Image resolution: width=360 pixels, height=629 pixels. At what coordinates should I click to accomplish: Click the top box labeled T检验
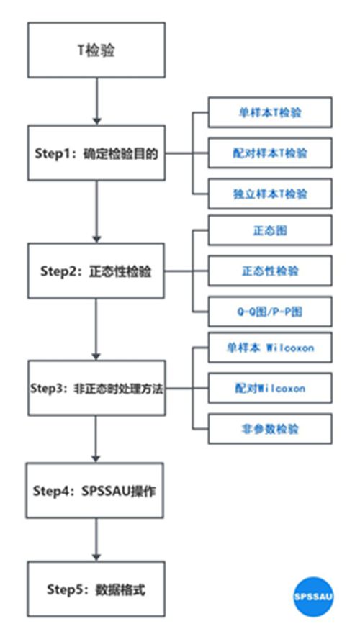[96, 50]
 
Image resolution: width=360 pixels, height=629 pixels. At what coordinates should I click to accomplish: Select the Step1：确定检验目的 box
[96, 153]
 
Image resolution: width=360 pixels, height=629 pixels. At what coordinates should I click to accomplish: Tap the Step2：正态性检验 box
[96, 271]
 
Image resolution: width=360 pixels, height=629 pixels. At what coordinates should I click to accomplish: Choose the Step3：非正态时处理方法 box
[96, 388]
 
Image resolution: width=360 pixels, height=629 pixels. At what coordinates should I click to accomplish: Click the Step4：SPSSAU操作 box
[95, 490]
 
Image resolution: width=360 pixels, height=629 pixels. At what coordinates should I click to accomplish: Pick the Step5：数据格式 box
[96, 589]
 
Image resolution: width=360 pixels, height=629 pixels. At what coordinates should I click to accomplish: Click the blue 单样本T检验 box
[270, 112]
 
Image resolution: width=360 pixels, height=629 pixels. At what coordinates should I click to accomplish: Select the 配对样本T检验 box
[270, 153]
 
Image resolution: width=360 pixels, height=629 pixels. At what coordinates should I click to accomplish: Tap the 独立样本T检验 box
[270, 194]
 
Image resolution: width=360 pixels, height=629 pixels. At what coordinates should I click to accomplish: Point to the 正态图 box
[270, 230]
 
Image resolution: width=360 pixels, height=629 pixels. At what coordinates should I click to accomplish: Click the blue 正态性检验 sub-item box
[270, 271]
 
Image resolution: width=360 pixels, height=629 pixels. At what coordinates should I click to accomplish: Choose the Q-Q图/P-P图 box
[270, 312]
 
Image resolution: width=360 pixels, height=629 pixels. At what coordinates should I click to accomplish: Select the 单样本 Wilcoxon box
[270, 348]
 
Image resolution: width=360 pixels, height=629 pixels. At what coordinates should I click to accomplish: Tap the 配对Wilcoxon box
[270, 388]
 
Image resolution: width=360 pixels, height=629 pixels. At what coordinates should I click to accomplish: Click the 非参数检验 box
[270, 429]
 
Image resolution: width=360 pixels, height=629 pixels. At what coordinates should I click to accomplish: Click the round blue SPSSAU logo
[313, 597]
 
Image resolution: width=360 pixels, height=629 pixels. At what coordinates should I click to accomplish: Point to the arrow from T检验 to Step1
[96, 101]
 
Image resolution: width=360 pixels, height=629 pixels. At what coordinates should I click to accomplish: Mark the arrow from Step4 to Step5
[96, 540]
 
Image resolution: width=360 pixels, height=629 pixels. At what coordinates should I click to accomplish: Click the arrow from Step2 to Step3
[96, 330]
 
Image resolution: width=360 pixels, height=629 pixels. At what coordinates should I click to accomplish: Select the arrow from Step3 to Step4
[96, 439]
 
